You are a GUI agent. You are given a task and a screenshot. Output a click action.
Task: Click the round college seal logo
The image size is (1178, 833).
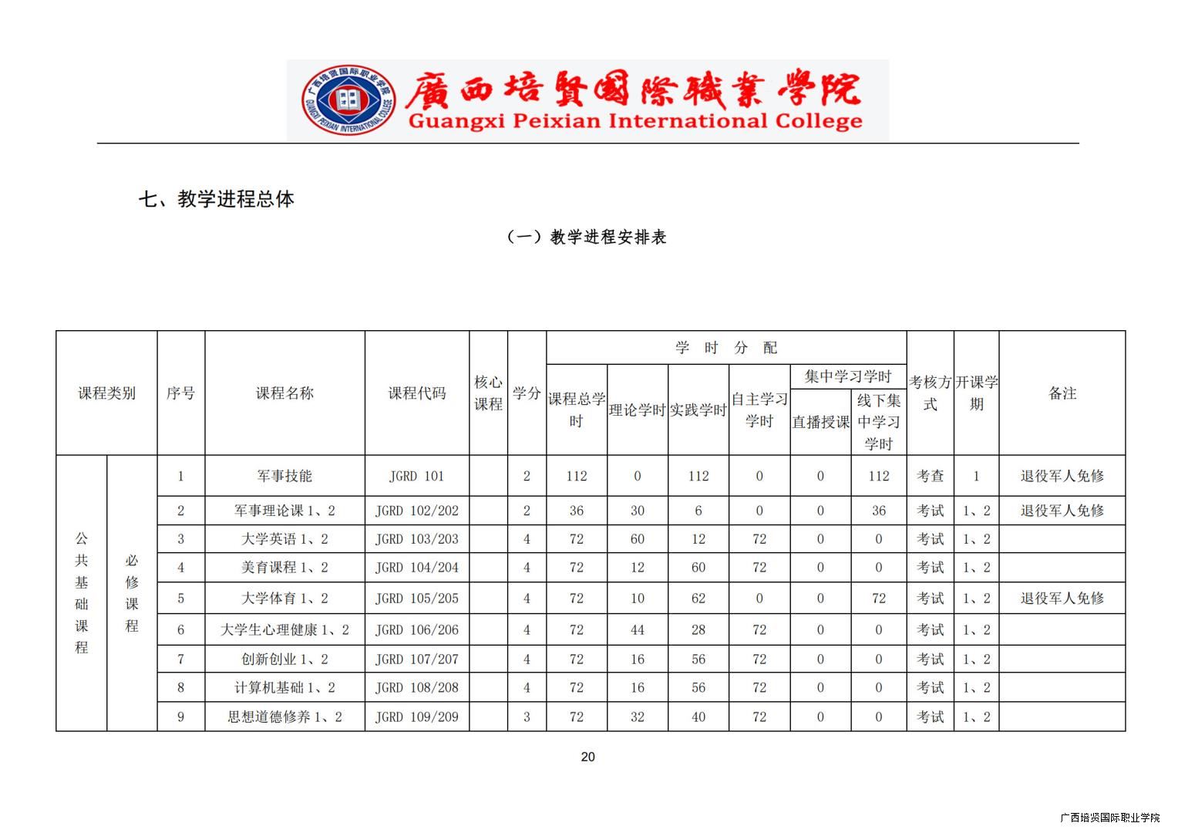[x=348, y=100]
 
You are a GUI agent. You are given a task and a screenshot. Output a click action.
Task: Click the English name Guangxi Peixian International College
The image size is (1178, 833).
[x=634, y=122]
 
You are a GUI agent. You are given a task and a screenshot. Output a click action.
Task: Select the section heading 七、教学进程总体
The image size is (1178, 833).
[x=217, y=199]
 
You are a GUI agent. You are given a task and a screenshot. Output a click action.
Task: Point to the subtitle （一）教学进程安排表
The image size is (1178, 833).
[x=587, y=238]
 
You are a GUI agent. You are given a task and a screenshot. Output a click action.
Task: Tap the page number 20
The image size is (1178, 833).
[x=587, y=757]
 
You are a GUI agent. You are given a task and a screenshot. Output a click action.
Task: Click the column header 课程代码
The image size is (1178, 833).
[x=416, y=393]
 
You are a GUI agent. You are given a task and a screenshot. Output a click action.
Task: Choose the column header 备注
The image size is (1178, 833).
[x=1062, y=393]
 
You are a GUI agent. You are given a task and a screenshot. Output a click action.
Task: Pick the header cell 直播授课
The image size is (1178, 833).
[x=820, y=422]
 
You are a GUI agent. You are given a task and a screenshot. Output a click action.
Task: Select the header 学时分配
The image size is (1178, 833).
[x=725, y=348]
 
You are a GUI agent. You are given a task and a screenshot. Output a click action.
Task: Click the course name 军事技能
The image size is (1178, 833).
[x=284, y=476]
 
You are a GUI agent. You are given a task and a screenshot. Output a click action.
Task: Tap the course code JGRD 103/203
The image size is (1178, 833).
[x=416, y=539]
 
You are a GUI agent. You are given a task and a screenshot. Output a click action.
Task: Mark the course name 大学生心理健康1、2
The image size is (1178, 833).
[x=284, y=629]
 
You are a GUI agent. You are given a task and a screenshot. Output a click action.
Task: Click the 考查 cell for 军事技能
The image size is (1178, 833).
[x=930, y=476]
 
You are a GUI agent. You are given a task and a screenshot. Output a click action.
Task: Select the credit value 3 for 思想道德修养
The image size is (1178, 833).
[x=527, y=717]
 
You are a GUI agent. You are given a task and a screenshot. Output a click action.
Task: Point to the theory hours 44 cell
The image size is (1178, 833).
[x=637, y=629]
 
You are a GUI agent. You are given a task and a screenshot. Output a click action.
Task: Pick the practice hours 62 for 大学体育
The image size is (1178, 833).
[x=698, y=598]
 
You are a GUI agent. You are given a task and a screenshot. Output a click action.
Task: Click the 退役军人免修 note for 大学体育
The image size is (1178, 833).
[x=1062, y=598]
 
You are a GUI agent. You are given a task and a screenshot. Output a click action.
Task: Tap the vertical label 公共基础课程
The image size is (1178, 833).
[x=82, y=592]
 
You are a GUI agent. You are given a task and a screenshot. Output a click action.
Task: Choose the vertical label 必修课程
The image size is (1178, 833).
[x=132, y=592]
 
